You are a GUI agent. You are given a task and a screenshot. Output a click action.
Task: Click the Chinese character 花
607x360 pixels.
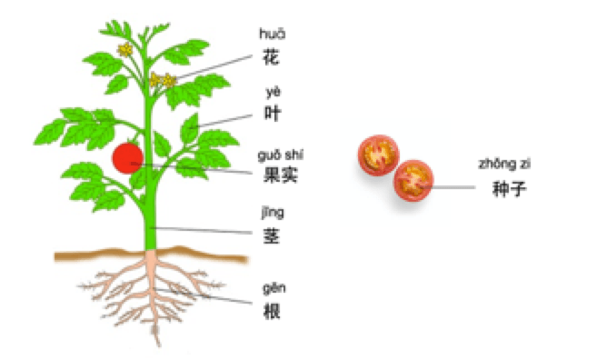[271, 57]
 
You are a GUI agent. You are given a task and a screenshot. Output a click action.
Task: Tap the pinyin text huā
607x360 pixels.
[272, 34]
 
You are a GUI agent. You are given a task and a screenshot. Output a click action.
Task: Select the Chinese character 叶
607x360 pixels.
[272, 113]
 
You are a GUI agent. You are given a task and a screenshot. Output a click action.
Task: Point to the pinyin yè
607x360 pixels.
[273, 92]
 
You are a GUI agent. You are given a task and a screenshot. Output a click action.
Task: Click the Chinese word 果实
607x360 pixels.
[281, 175]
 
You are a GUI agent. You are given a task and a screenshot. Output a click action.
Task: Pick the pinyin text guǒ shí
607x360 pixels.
[280, 155]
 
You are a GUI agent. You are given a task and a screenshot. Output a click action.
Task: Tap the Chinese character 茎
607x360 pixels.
[272, 235]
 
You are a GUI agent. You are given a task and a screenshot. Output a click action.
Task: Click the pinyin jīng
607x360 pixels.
[273, 213]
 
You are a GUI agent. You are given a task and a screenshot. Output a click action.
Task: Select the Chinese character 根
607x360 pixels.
[272, 311]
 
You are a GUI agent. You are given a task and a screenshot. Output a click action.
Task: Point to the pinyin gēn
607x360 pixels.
[274, 288]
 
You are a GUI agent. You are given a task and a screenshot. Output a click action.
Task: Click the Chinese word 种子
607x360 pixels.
[510, 189]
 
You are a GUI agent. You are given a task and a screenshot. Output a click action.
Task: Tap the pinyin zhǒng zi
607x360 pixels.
[504, 165]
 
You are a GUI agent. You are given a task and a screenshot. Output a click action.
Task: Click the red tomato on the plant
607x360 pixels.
[128, 158]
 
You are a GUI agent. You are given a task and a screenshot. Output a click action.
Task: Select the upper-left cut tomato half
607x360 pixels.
[378, 155]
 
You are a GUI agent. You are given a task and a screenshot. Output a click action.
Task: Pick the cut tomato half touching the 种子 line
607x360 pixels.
[413, 181]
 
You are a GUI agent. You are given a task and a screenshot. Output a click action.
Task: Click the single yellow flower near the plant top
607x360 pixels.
[125, 50]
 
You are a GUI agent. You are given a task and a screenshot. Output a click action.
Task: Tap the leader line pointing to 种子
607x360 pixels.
[447, 187]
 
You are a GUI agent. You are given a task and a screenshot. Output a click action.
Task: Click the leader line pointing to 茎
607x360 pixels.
[202, 230]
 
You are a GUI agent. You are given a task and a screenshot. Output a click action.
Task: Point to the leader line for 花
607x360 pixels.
[213, 67]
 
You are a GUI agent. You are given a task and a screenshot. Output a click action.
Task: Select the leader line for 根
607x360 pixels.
[204, 295]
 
